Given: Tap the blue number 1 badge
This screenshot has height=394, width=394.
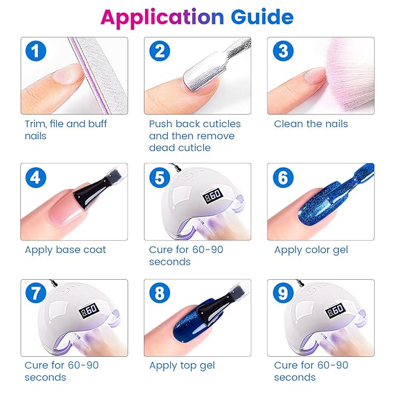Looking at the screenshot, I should click(x=36, y=52).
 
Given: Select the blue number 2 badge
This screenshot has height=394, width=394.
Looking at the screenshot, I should click(x=160, y=52).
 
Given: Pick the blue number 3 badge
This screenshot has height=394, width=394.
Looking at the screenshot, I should click(x=283, y=52).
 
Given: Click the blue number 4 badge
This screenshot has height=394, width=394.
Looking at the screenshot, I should click(x=36, y=178).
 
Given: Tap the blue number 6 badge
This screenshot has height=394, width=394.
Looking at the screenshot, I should click(x=283, y=178).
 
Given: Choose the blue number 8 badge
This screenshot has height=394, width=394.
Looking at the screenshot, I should click(x=160, y=294).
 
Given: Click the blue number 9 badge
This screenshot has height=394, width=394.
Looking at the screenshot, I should click(x=283, y=294).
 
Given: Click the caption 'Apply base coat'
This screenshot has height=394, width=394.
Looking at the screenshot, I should click(x=65, y=250).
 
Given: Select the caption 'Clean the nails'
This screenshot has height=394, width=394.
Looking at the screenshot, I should click(x=310, y=124).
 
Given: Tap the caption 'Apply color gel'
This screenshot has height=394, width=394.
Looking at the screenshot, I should click(x=312, y=250).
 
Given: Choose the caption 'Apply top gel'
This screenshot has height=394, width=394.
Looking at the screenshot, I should click(x=182, y=366).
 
